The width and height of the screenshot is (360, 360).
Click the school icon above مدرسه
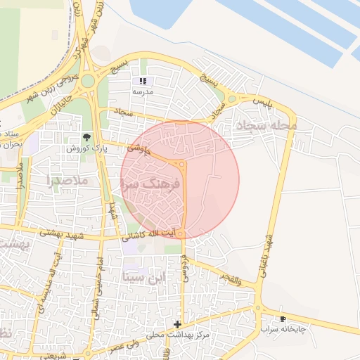point(144,82)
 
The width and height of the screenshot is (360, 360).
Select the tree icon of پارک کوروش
point(86,137)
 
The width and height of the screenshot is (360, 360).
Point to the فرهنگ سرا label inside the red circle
point(152,182)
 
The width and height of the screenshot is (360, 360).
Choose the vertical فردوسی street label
point(186,265)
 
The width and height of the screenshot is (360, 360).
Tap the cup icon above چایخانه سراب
point(283,319)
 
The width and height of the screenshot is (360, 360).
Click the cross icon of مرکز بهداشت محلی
point(177,324)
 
